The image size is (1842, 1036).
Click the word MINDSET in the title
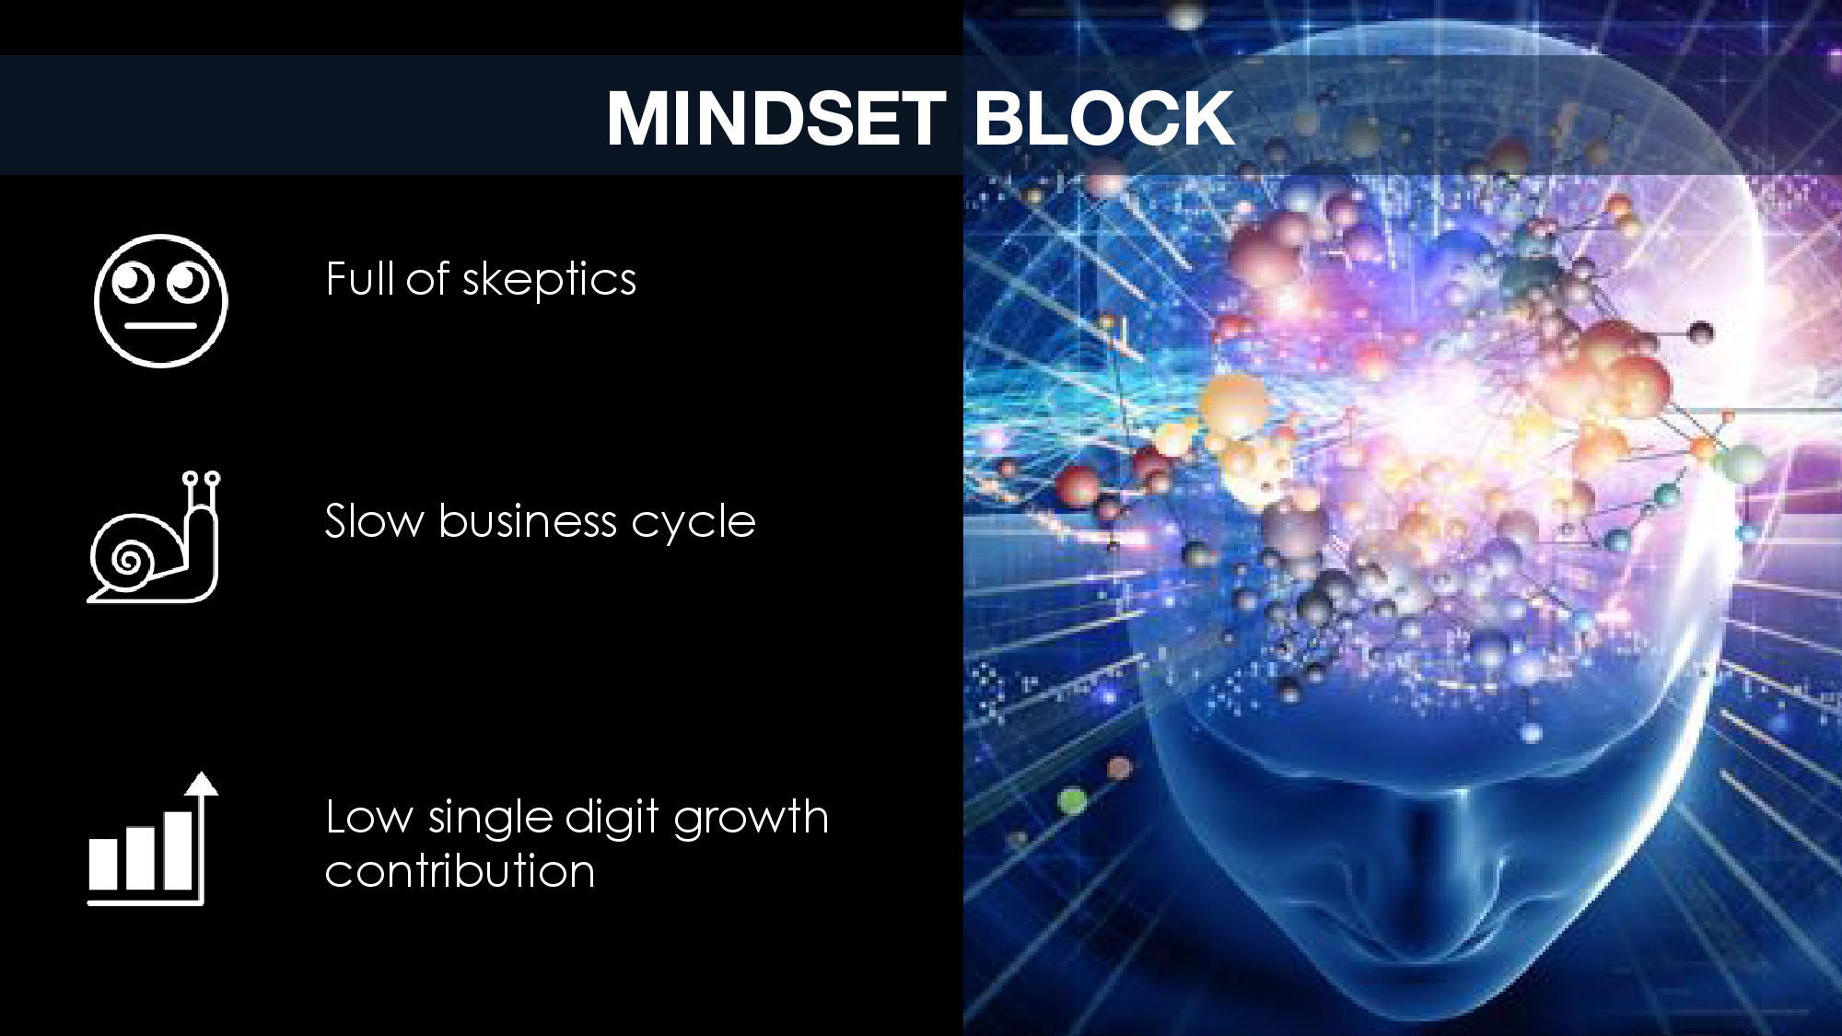776,118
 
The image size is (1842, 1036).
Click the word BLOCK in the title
1103,118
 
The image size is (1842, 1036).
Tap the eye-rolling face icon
160,300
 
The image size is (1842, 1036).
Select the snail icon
154,537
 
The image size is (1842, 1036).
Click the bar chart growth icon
153,838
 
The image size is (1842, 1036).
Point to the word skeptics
549,280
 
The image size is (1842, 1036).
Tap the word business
528,521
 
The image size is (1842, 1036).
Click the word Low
369,817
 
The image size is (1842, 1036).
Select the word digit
612,818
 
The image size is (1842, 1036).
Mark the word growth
751,818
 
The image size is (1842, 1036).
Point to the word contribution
460,870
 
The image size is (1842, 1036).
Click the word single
490,818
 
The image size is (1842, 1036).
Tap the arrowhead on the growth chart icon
201,783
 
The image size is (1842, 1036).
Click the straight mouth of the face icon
160,325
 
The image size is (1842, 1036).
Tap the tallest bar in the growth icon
178,850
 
